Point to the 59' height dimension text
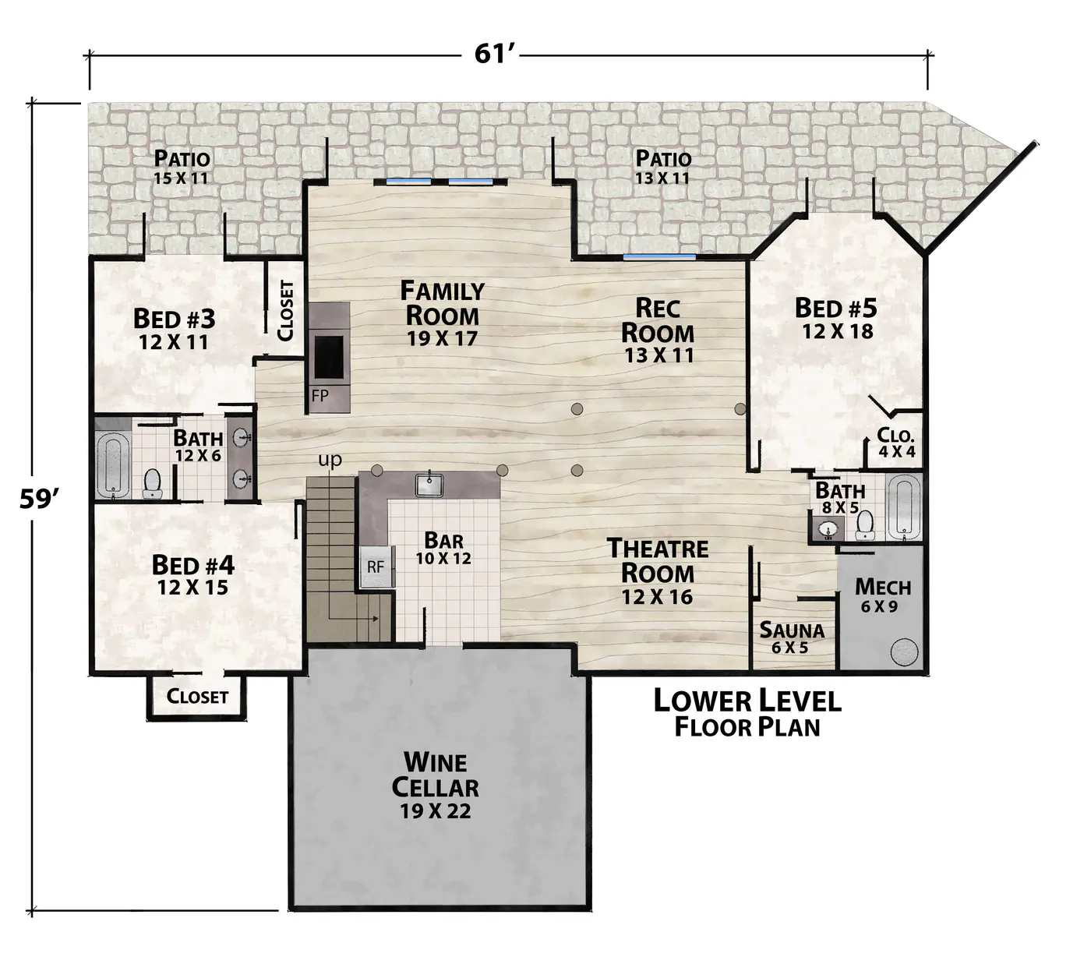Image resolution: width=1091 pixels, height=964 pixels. pyautogui.click(x=39, y=500)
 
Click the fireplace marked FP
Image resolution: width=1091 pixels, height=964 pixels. pyautogui.click(x=329, y=358)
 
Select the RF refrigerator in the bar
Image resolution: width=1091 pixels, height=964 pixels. pyautogui.click(x=377, y=566)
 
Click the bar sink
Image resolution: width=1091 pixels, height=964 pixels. pyautogui.click(x=429, y=485)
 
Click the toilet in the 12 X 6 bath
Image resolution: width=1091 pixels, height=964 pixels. pyautogui.click(x=152, y=483)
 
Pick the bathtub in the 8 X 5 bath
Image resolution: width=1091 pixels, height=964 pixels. pyautogui.click(x=903, y=507)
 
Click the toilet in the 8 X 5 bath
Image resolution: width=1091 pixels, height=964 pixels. pyautogui.click(x=864, y=524)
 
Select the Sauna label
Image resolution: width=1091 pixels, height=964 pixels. pyautogui.click(x=791, y=637)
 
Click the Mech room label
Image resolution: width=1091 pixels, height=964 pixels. pyautogui.click(x=882, y=595)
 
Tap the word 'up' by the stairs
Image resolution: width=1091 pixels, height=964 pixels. pyautogui.click(x=330, y=459)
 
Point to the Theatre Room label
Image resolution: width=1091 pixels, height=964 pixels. pyautogui.click(x=658, y=571)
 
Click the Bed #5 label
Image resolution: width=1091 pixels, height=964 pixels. pyautogui.click(x=836, y=318)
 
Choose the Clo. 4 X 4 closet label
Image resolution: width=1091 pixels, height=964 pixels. pyautogui.click(x=897, y=442)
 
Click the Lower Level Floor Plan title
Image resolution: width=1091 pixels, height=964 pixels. pyautogui.click(x=747, y=713)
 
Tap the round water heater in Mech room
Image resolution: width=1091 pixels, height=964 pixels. pyautogui.click(x=905, y=651)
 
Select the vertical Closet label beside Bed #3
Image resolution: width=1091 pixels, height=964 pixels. pyautogui.click(x=285, y=310)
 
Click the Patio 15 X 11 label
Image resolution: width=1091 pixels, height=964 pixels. pyautogui.click(x=182, y=167)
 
